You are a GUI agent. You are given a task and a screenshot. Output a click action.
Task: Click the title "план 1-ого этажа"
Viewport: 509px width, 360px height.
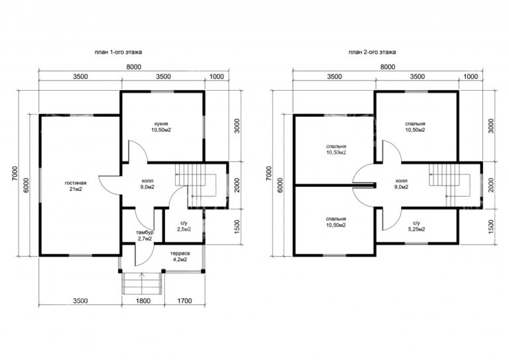118,52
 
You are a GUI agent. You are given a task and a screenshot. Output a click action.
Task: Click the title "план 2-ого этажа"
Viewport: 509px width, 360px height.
372,52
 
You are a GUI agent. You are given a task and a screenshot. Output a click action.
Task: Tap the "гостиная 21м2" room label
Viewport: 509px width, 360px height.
76,186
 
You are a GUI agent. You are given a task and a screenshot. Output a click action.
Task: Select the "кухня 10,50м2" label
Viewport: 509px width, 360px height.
161,127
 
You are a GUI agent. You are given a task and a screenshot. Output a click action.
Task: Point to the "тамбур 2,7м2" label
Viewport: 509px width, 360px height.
144,235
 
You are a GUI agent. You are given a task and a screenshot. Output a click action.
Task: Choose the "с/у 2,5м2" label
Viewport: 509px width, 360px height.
184,226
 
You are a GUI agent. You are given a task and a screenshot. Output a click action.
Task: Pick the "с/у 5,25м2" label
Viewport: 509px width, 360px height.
416,226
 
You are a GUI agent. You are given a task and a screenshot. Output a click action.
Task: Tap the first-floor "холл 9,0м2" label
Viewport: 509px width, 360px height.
148,184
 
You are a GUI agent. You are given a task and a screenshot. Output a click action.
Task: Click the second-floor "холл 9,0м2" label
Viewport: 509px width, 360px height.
402,184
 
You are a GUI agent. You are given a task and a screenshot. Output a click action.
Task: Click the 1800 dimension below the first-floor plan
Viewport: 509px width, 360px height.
143,301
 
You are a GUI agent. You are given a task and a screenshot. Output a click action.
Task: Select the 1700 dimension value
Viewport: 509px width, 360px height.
185,301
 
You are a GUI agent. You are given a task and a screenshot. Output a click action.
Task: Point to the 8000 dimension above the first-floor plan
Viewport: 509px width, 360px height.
134,67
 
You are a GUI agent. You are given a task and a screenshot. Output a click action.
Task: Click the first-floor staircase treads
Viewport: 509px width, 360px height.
182,174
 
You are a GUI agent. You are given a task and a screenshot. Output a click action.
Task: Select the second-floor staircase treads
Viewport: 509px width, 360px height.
435,174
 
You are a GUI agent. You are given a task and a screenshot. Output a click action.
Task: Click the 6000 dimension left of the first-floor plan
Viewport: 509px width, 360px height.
26,185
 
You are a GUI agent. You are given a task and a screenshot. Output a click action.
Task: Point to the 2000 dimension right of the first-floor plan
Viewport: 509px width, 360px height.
237,185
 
